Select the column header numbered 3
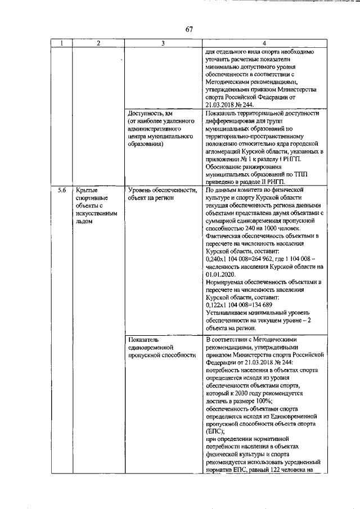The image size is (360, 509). click(x=163, y=43)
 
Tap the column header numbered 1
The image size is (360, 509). click(x=62, y=43)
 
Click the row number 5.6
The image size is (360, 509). click(x=62, y=191)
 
